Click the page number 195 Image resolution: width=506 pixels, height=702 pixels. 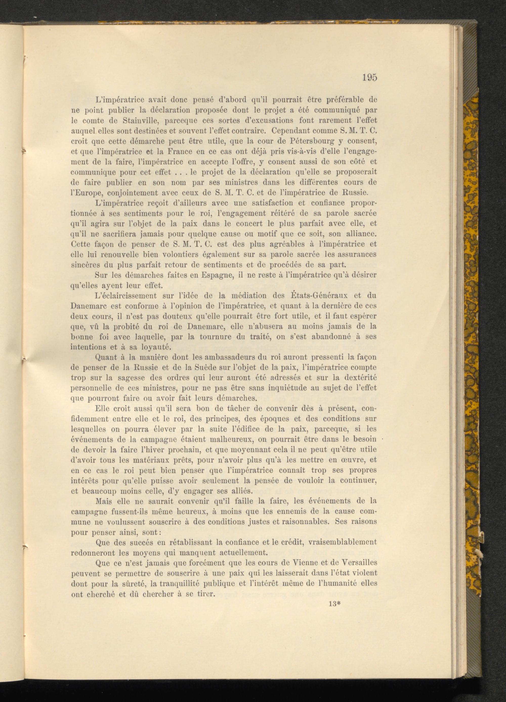(x=370, y=78)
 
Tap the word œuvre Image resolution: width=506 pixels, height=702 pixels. (x=353, y=460)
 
